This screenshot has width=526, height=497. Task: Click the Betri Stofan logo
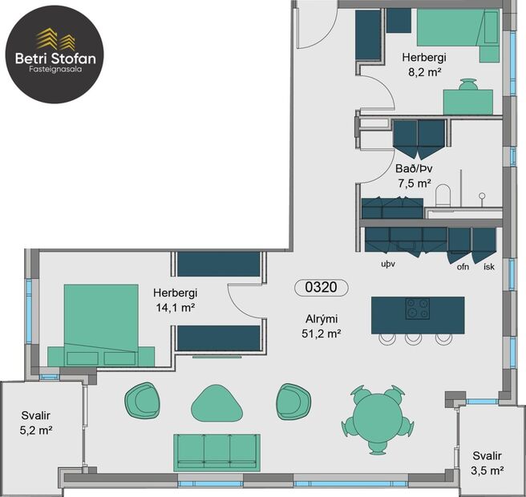point(53,54)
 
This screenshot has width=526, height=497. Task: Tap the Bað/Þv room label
point(414,169)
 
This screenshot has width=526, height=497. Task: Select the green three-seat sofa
point(216,451)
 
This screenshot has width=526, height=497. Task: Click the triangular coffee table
point(216,402)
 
